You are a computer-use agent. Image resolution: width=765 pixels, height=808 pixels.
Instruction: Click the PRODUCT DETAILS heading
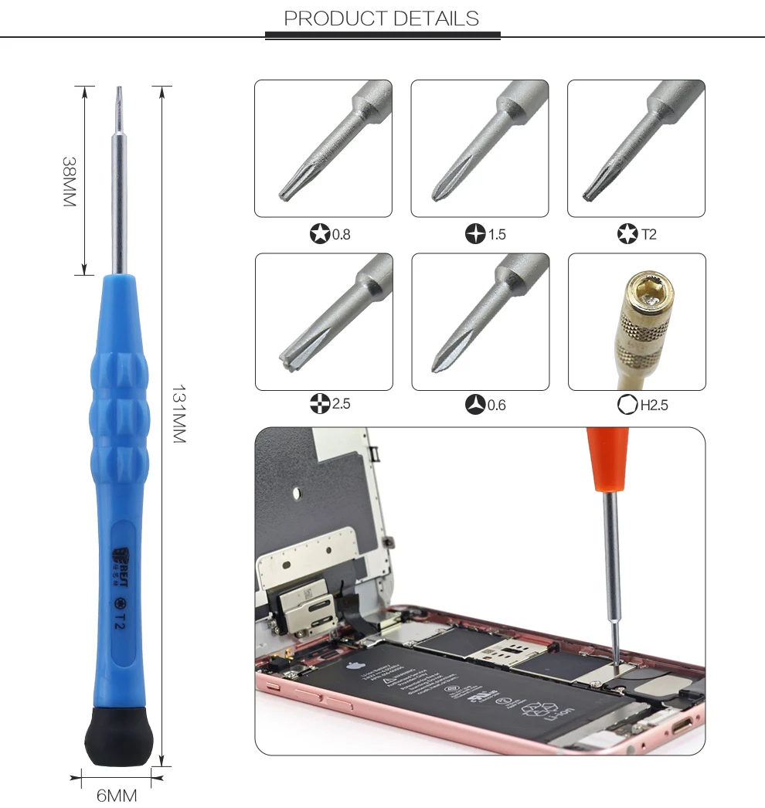pyautogui.click(x=382, y=19)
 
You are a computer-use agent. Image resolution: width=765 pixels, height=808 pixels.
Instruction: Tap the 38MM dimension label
pyautogui.click(x=70, y=182)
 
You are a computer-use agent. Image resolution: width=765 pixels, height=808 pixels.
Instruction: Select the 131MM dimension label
pyautogui.click(x=178, y=413)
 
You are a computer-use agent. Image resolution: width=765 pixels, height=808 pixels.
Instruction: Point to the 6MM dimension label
pyautogui.click(x=117, y=796)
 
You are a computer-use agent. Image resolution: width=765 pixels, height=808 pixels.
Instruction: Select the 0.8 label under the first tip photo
pyautogui.click(x=341, y=234)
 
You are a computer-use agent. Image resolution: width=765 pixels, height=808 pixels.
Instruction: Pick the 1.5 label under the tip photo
pyautogui.click(x=497, y=234)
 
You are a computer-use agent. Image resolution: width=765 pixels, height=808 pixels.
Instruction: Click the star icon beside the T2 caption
pyautogui.click(x=627, y=233)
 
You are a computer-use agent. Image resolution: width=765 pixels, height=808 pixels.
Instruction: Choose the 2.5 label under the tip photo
pyautogui.click(x=341, y=404)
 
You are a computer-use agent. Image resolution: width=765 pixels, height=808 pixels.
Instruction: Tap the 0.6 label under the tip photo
pyautogui.click(x=497, y=405)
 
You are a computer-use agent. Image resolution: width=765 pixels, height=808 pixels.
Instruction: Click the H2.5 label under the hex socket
pyautogui.click(x=654, y=405)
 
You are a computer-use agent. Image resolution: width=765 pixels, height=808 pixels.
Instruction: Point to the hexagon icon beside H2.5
pyautogui.click(x=627, y=405)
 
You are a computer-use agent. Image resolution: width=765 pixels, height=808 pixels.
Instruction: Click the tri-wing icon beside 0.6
pyautogui.click(x=475, y=405)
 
